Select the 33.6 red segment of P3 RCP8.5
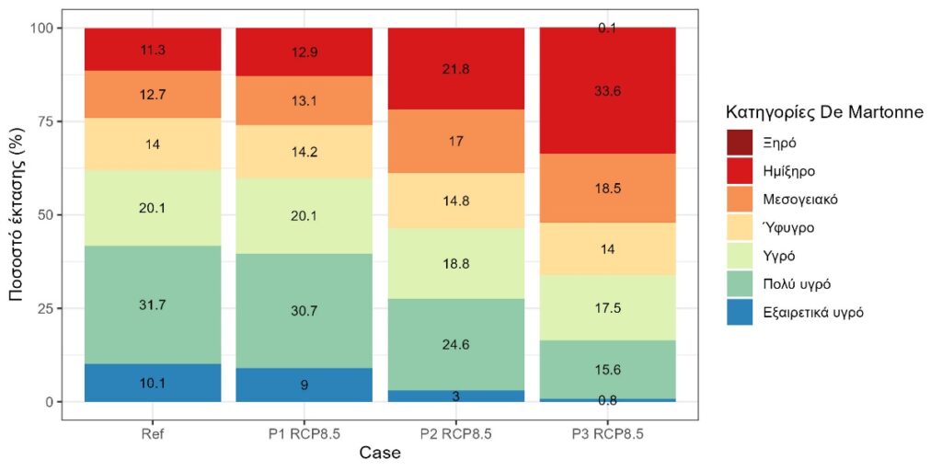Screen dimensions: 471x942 pyautogui.click(x=607, y=90)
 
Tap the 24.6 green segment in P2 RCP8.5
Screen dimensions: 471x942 pyautogui.click(x=455, y=345)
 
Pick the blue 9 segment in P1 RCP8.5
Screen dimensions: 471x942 pyautogui.click(x=304, y=385)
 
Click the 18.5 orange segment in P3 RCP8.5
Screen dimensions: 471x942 pyautogui.click(x=607, y=188)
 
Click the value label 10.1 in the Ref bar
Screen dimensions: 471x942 pyautogui.click(x=153, y=383)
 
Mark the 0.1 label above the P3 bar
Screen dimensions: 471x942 pyautogui.click(x=607, y=29)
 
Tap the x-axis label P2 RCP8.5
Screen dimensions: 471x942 pyautogui.click(x=455, y=433)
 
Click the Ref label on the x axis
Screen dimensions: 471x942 pyautogui.click(x=153, y=433)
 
